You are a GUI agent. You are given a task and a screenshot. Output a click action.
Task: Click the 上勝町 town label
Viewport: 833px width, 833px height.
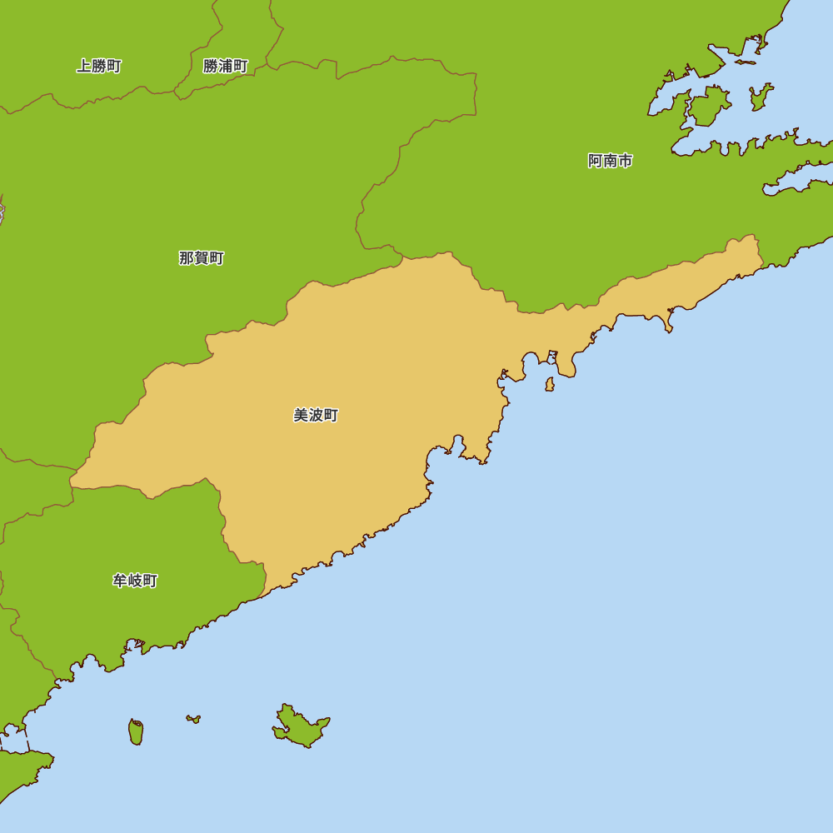tap(99, 67)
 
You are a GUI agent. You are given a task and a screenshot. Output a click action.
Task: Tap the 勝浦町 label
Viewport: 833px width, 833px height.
tap(226, 67)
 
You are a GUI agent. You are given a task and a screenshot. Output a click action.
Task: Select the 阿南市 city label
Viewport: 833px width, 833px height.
tap(610, 161)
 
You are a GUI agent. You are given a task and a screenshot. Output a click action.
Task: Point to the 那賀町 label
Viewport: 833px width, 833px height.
tap(202, 258)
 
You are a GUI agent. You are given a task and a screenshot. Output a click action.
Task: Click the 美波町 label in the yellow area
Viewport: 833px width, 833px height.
tap(316, 415)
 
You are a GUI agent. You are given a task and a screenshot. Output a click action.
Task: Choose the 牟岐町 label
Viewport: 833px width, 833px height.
tap(135, 581)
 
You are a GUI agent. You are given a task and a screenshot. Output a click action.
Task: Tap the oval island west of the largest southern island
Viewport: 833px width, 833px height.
tap(136, 732)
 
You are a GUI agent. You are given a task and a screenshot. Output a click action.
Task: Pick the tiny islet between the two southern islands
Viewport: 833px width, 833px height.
tap(193, 718)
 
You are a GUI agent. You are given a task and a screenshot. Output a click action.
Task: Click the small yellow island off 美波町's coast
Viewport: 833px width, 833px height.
tap(550, 384)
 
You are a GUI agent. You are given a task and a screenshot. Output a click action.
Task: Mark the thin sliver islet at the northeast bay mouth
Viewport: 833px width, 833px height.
tap(745, 62)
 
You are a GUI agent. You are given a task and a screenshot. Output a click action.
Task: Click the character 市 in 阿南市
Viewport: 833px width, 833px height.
tap(625, 161)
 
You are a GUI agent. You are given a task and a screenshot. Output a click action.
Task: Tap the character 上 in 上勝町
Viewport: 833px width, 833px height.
tap(84, 67)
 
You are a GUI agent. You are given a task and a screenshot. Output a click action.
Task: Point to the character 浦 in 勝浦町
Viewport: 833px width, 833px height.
tap(226, 67)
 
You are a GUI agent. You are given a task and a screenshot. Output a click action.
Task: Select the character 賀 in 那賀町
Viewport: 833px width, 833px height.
tap(202, 258)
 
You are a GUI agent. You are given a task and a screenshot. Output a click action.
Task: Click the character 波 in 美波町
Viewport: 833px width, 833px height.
tap(316, 415)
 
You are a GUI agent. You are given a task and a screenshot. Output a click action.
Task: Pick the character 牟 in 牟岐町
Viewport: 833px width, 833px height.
tap(120, 581)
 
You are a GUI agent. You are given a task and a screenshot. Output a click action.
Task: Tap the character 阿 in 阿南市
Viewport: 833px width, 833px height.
tap(595, 161)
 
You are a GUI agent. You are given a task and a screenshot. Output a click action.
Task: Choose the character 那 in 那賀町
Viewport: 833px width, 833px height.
tap(187, 258)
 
